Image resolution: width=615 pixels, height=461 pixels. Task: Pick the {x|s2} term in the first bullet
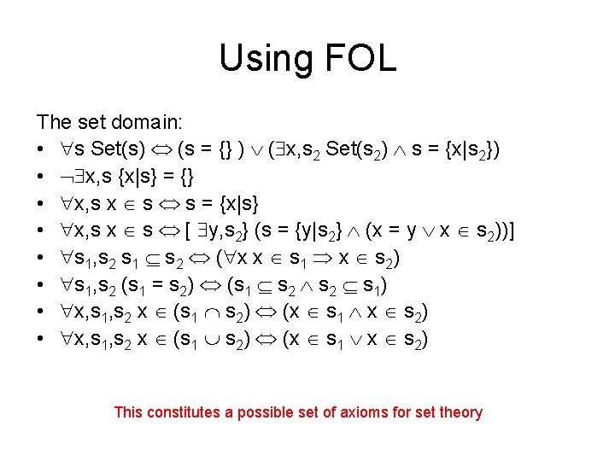466,151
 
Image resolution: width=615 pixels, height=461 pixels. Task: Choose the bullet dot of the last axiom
42,340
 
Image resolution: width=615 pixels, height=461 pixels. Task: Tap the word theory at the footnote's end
460,413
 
